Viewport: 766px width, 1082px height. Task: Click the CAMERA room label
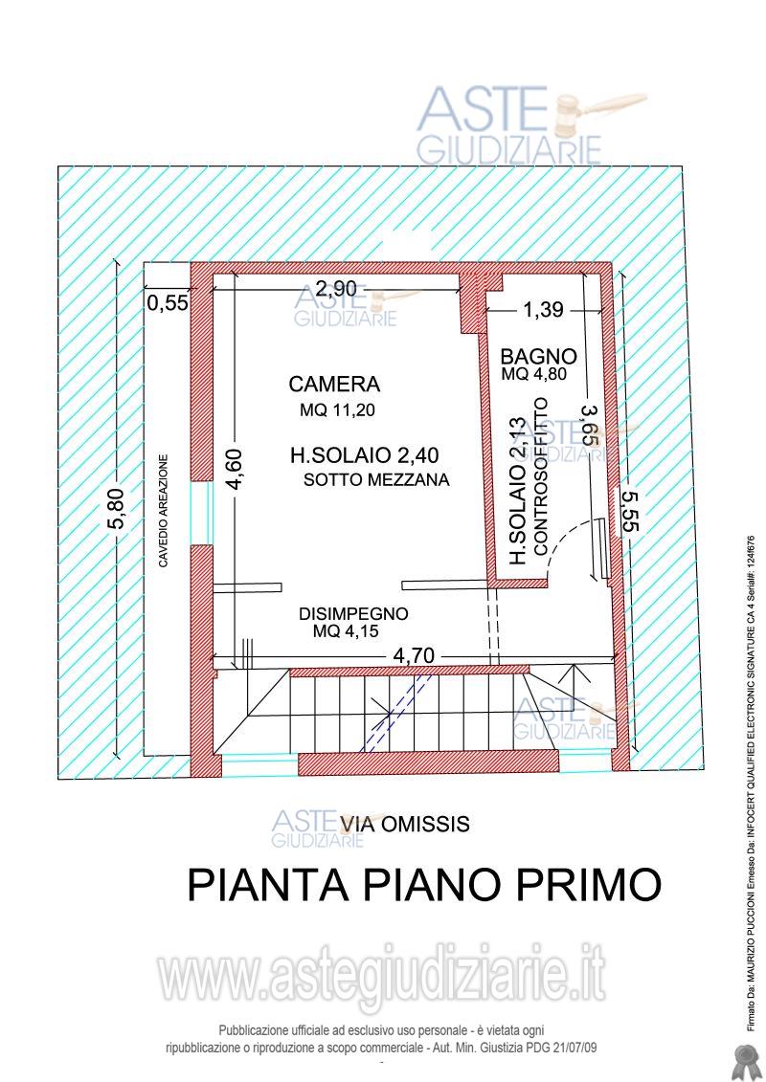point(334,385)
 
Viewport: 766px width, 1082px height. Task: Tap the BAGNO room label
point(538,356)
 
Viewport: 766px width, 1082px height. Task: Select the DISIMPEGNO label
point(353,613)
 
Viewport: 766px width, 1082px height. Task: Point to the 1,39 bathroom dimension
point(543,309)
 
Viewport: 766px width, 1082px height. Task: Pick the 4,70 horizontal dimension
point(414,656)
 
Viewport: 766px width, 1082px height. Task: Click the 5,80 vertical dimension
point(116,508)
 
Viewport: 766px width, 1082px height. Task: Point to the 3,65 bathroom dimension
point(591,424)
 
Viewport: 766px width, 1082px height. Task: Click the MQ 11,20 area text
point(334,411)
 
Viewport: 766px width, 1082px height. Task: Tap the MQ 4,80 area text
point(534,375)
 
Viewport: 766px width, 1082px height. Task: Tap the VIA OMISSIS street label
point(404,823)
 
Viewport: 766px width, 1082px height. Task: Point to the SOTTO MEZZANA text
point(376,480)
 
